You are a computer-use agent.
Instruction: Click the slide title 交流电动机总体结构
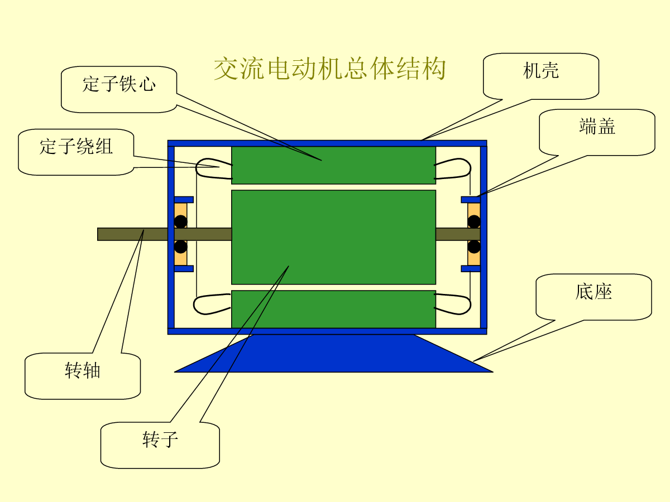(330, 69)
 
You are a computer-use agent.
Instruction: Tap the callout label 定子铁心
(119, 85)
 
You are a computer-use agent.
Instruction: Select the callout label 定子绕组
(76, 147)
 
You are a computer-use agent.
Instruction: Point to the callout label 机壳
(541, 71)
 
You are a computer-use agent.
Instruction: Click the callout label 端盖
(597, 127)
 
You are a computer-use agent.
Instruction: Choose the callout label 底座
(594, 292)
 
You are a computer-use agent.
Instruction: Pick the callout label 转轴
(83, 370)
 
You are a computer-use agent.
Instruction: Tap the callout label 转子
(160, 440)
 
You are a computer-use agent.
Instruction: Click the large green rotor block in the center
(333, 237)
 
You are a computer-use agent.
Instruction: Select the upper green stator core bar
(333, 165)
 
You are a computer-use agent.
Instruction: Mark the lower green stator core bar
(333, 309)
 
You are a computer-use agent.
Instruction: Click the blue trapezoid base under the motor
(333, 354)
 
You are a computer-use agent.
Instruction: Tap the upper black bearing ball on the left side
(180, 221)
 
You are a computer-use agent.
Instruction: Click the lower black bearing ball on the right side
(474, 247)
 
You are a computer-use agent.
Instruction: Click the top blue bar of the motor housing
(327, 143)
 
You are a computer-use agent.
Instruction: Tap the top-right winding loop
(453, 168)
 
